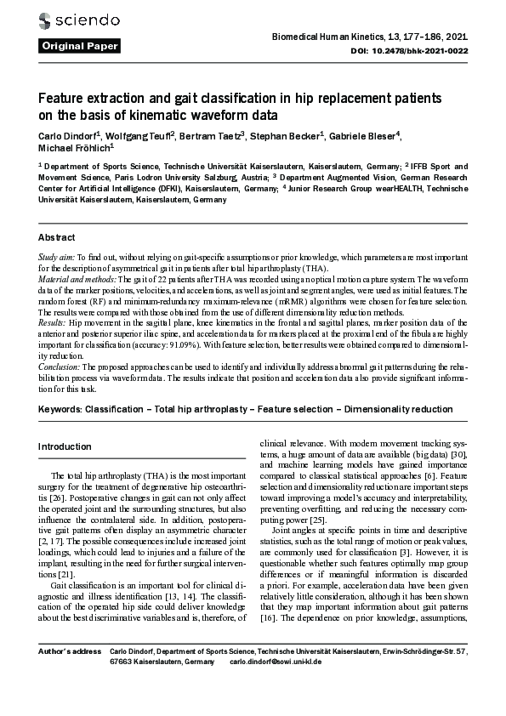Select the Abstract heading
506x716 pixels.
[x=57, y=237]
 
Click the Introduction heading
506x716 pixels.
[x=65, y=446]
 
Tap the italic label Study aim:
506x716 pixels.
[x=57, y=255]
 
